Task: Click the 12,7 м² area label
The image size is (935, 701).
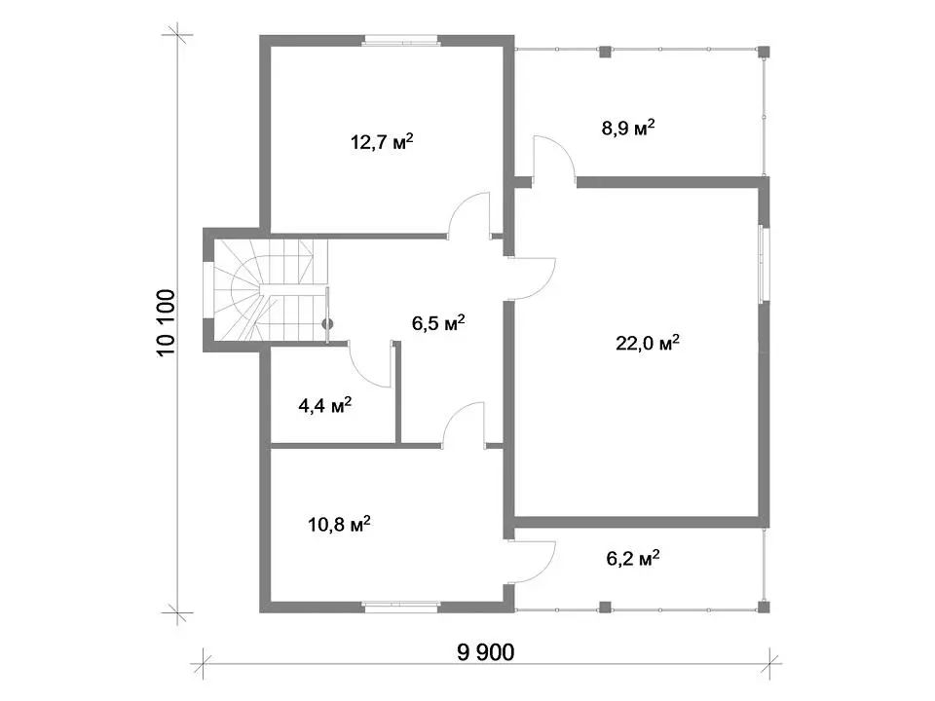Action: (x=382, y=142)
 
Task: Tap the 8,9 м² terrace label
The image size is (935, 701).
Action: (x=628, y=127)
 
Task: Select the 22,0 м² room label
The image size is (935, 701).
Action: (x=648, y=343)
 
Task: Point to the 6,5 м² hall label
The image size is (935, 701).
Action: (x=438, y=322)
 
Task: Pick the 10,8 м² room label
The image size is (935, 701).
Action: (x=339, y=524)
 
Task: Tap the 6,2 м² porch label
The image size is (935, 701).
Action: (x=633, y=558)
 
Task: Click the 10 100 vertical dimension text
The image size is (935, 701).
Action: (x=167, y=322)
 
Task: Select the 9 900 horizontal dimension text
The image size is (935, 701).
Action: (x=485, y=652)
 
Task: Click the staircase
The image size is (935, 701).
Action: (x=271, y=290)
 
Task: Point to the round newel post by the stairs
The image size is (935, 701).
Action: (x=327, y=324)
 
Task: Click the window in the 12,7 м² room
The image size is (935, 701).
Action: (x=400, y=41)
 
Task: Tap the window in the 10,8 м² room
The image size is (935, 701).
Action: (x=400, y=608)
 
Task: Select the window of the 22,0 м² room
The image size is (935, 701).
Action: (x=764, y=264)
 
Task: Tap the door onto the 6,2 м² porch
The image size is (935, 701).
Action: (x=532, y=562)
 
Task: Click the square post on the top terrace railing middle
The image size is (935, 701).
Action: (x=605, y=52)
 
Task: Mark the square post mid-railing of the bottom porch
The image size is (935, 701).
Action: (x=605, y=608)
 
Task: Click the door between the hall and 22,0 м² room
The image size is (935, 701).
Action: (x=532, y=278)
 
